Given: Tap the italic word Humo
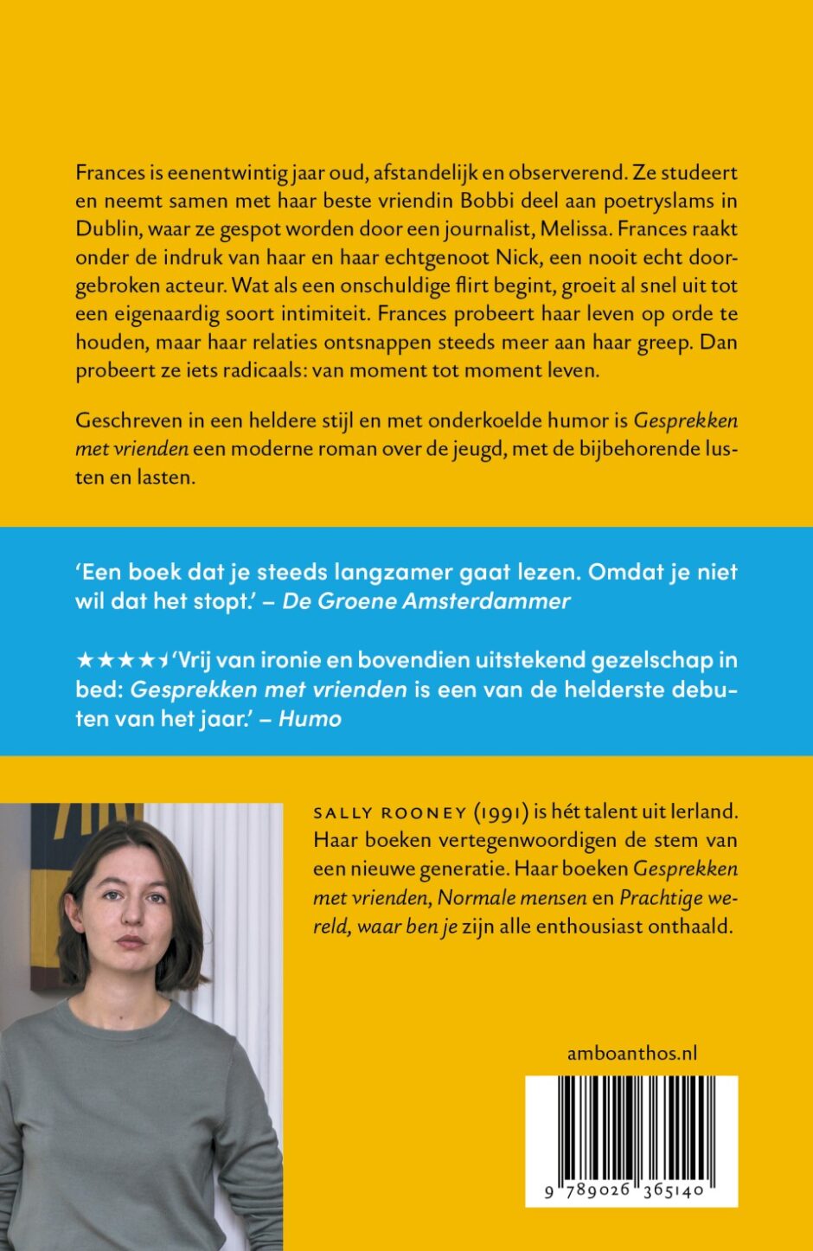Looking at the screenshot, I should (310, 718).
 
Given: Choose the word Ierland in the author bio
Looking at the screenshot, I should (698, 813).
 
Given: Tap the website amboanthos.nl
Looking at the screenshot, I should (632, 1053).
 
